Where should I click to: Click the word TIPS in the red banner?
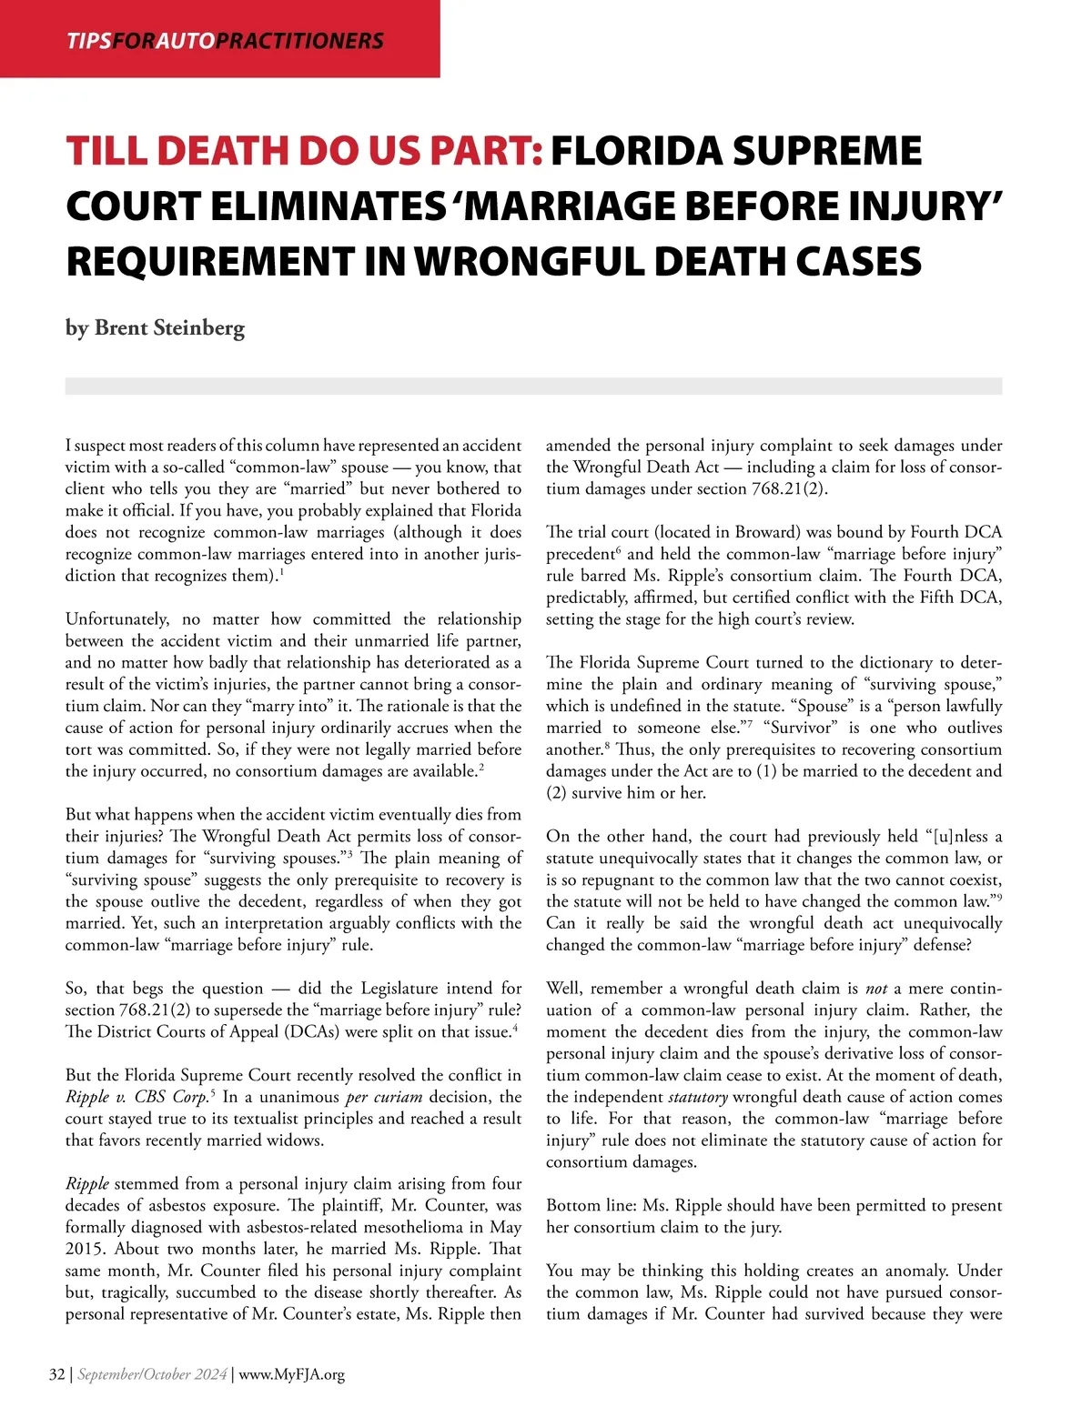click(88, 41)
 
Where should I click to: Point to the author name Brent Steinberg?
click(169, 327)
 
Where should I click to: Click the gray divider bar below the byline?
click(533, 387)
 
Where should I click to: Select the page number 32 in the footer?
click(56, 1374)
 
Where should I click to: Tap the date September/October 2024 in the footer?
click(152, 1374)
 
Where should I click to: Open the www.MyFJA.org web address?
click(292, 1374)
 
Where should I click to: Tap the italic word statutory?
click(697, 1097)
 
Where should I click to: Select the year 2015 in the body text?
click(85, 1250)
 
